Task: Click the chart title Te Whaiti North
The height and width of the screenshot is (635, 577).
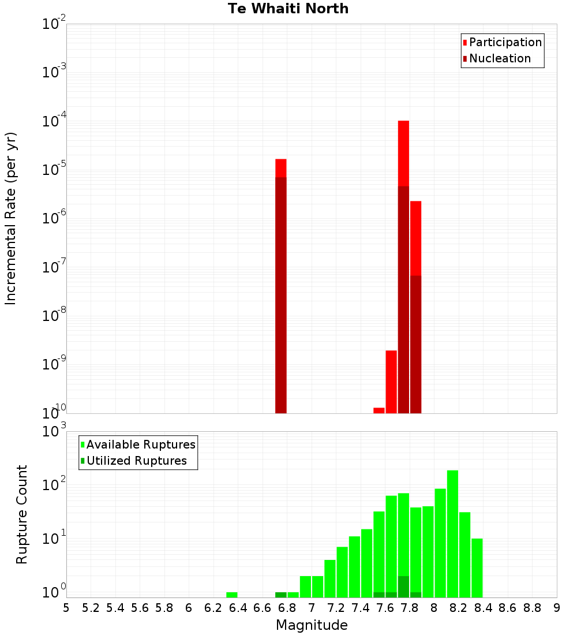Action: pos(288,9)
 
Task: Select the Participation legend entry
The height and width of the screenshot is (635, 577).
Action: pos(505,43)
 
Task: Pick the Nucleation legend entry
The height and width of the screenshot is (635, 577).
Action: pos(499,59)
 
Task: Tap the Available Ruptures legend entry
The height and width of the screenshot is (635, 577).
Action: pos(140,445)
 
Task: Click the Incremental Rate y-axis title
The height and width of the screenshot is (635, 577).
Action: pos(11,218)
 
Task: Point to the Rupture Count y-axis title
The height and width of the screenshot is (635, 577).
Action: pos(22,514)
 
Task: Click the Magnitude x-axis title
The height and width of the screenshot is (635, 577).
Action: pos(312,625)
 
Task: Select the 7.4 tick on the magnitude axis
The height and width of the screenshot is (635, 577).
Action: pos(361,608)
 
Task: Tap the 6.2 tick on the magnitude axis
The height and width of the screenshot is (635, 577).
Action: pos(213,608)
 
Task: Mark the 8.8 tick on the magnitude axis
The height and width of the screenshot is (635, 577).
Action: pos(532,608)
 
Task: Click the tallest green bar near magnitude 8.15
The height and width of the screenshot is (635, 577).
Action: pos(452,534)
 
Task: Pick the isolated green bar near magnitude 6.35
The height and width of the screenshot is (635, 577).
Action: pos(232,595)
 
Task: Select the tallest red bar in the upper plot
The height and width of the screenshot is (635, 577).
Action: pos(403,266)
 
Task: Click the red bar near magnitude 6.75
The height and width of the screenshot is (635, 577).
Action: pos(281,286)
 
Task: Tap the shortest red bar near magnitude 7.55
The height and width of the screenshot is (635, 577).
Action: pos(379,410)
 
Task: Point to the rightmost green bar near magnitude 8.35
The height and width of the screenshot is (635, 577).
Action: pos(477,568)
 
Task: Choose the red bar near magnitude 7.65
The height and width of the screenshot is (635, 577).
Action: pos(391,382)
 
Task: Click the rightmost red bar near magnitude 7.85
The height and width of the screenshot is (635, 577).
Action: pos(415,306)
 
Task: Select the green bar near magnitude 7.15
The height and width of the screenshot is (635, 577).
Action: pos(330,578)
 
